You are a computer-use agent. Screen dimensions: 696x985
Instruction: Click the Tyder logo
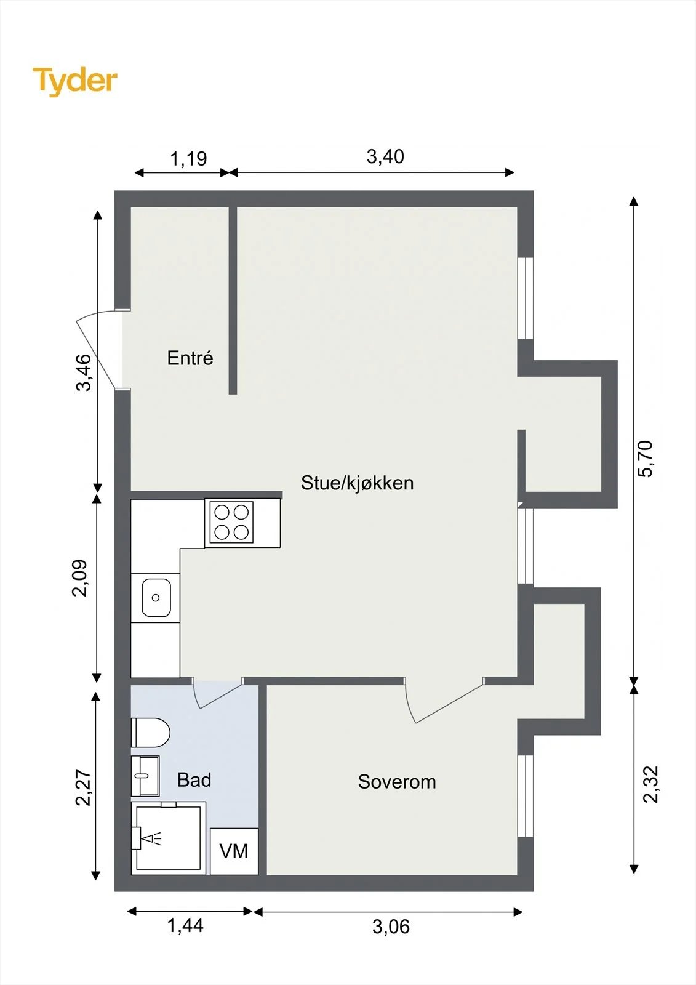point(75,81)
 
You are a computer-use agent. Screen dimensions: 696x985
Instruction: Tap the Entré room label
point(190,358)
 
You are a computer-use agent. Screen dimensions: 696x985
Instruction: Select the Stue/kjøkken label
point(357,483)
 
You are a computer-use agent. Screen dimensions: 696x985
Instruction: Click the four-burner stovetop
point(231,522)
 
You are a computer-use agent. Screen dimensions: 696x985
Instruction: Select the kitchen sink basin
point(156,598)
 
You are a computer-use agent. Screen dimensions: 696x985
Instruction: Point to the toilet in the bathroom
point(150,733)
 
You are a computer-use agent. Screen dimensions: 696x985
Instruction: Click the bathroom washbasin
point(145,776)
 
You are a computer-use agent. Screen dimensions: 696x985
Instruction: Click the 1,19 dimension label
point(188,159)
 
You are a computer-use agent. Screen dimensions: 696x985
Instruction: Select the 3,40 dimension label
point(385,157)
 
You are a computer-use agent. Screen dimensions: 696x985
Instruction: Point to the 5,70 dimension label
point(646,459)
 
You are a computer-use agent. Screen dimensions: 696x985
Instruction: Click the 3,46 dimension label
point(84,372)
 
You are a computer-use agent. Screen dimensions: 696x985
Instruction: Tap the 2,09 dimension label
point(79,578)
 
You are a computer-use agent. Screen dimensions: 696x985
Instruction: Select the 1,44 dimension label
point(185,926)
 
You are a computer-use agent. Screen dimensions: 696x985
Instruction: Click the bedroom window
point(526,795)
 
